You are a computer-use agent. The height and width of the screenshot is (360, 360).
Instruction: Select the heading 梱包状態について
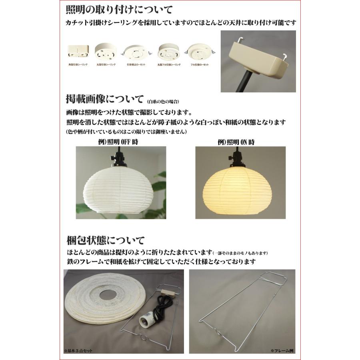[x=105, y=241]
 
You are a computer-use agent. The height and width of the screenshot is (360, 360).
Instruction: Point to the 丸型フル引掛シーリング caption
[x=169, y=64]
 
